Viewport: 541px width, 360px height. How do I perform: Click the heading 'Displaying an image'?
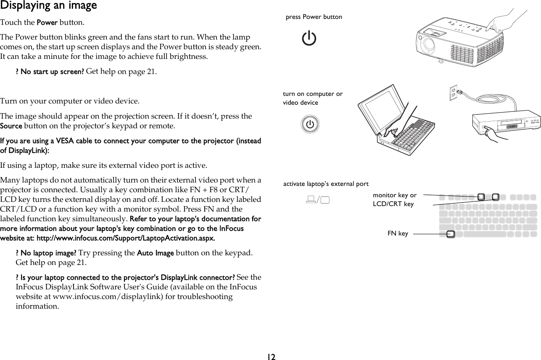click(x=48, y=6)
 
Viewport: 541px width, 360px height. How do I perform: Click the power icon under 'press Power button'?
click(x=309, y=39)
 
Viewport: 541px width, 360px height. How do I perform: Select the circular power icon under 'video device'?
click(x=310, y=124)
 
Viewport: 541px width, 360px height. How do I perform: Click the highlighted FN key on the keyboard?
click(x=450, y=234)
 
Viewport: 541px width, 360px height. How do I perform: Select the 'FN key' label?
click(x=397, y=233)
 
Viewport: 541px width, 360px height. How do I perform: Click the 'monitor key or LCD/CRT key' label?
click(x=394, y=200)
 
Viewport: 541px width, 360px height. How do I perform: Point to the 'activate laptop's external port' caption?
click(x=326, y=184)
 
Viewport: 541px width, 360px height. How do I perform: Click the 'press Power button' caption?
click(x=314, y=17)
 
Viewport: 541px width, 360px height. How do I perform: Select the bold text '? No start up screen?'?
click(x=49, y=71)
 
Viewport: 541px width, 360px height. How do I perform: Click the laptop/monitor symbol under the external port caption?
click(x=317, y=199)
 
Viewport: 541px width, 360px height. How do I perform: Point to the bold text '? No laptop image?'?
click(x=45, y=253)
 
